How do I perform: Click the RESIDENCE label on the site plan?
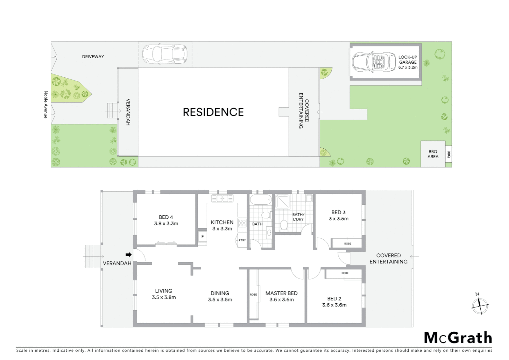point(213,112)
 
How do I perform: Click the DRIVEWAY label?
point(93,57)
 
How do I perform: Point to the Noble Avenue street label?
point(46,104)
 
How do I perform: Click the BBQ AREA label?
point(433,154)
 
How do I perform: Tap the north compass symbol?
point(480,305)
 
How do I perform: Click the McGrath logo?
point(458,338)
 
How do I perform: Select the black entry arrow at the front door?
point(129,255)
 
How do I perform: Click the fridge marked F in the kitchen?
point(202,237)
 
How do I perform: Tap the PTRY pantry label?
point(242,240)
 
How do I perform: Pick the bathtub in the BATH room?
point(261,200)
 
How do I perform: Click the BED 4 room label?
point(166,217)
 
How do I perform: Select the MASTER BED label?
point(281,293)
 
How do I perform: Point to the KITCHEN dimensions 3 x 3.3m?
point(222,229)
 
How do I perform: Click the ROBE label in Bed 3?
point(347,244)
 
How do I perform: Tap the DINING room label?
point(220,293)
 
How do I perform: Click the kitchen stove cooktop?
point(242,223)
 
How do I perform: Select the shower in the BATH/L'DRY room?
point(282,201)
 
